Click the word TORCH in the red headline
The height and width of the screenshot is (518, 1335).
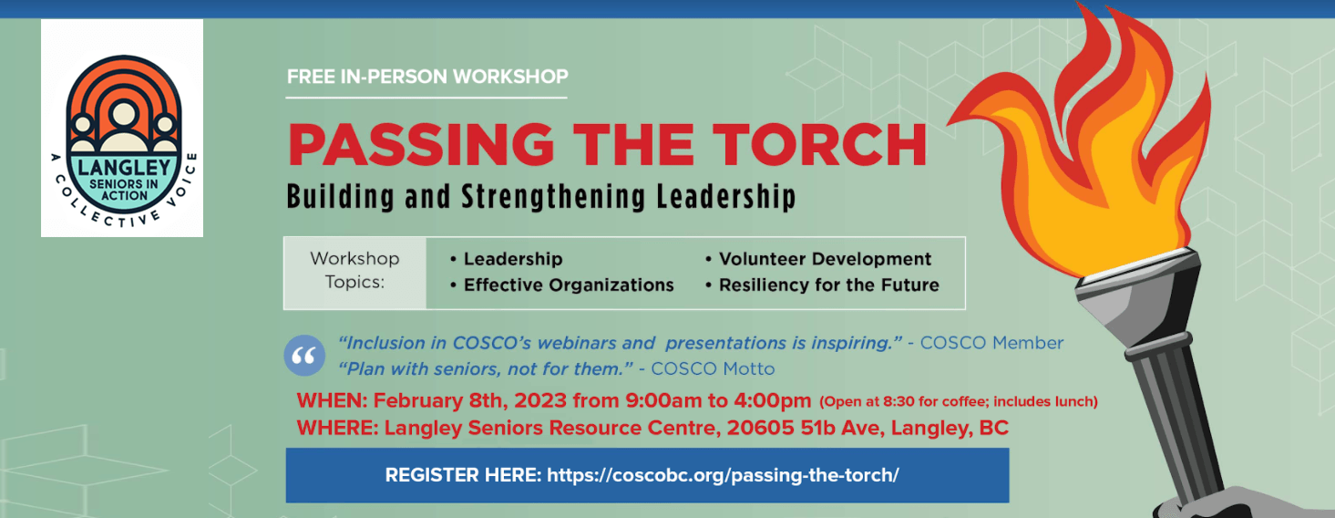820,144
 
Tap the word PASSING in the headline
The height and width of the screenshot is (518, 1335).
421,144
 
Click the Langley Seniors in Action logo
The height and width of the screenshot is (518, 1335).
122,129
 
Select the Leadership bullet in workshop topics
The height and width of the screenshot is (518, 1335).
507,259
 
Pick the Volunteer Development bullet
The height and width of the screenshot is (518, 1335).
818,259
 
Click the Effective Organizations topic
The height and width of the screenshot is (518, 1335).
562,285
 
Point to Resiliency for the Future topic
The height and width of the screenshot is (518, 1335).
823,285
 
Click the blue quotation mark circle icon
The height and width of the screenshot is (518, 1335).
304,356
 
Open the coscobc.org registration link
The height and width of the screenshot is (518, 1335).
723,475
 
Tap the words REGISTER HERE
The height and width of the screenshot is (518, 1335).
463,475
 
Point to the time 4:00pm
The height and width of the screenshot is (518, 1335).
773,400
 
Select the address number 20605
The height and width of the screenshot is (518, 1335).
760,428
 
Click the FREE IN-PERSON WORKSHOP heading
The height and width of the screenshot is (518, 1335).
427,77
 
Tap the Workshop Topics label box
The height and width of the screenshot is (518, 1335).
355,274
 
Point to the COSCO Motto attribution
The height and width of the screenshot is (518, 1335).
713,368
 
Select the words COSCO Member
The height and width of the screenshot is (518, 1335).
991,343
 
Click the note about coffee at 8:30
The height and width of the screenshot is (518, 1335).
959,401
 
